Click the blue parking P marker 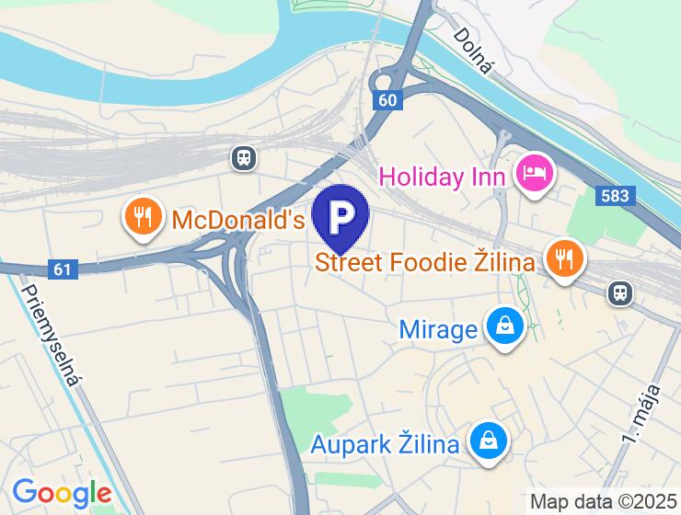tap(340, 216)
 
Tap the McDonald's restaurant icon tap(141, 217)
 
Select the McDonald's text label tap(238, 221)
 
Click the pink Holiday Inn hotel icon tap(534, 172)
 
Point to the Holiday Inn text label tap(442, 175)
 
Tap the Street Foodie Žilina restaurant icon tap(564, 258)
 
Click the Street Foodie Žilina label tap(424, 262)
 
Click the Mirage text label tap(438, 328)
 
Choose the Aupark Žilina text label tap(385, 445)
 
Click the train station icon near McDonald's tap(244, 157)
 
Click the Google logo tap(62, 493)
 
